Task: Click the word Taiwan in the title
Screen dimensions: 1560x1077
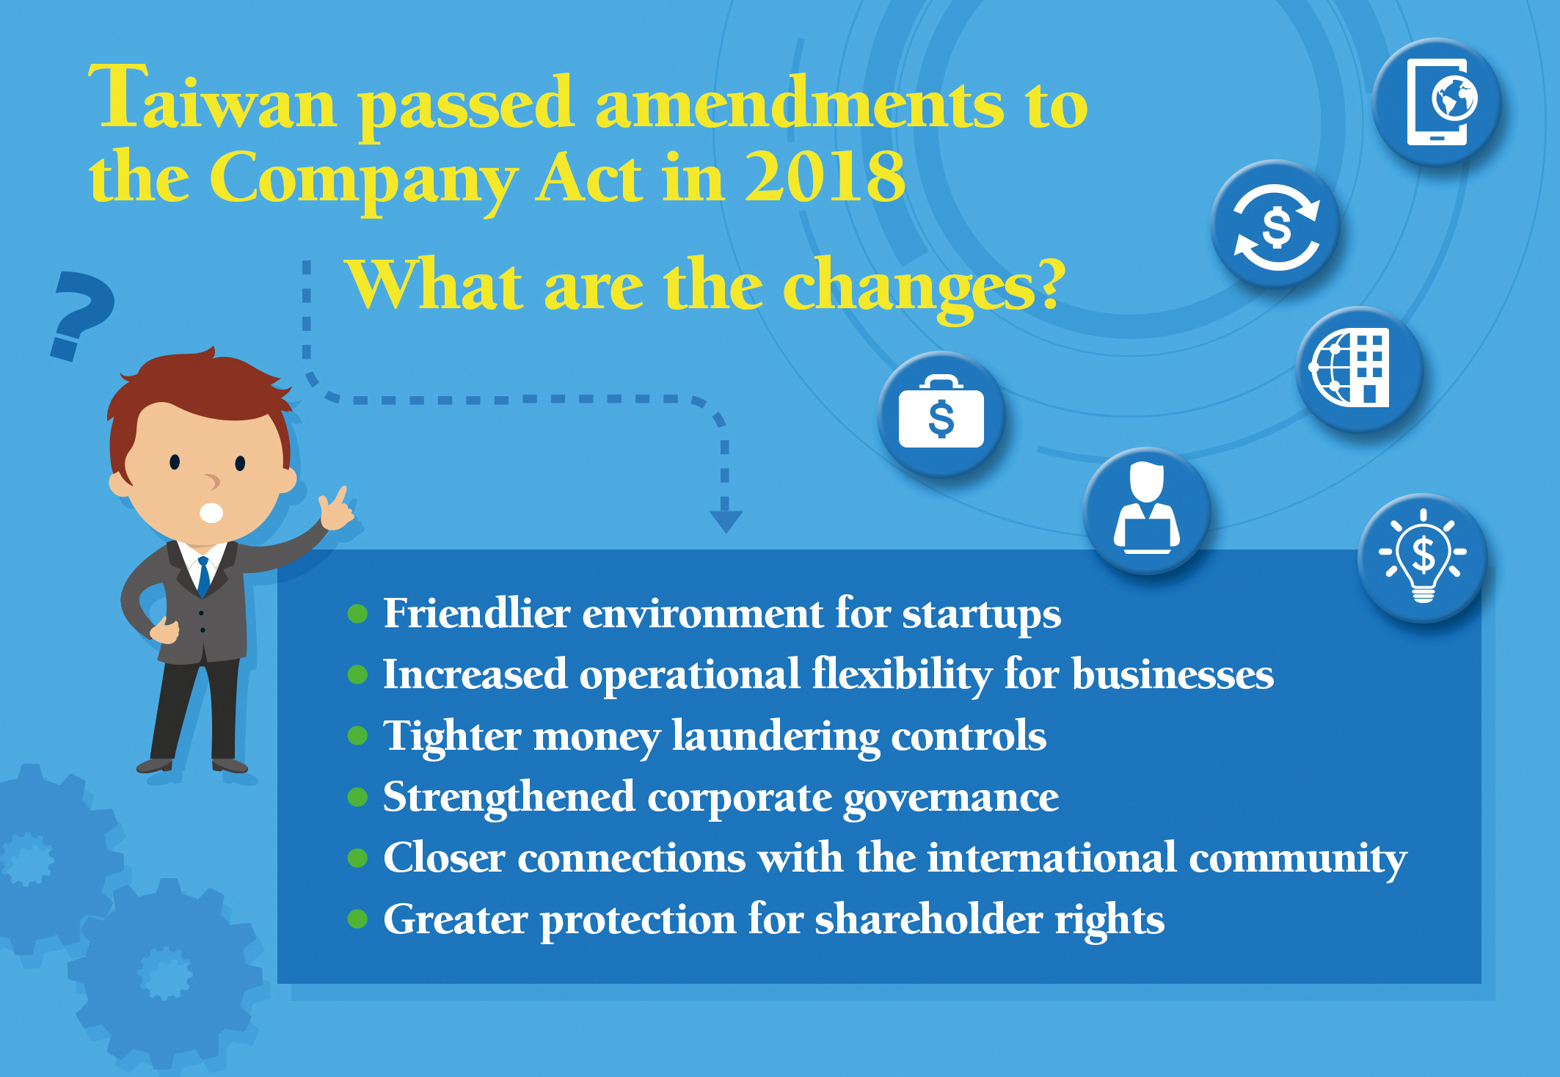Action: tap(213, 99)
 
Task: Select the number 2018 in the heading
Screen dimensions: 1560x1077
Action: tap(825, 176)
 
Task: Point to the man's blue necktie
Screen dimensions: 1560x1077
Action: tap(204, 576)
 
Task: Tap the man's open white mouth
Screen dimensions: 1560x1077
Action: tap(211, 512)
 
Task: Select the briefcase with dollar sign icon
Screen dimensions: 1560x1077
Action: tap(941, 415)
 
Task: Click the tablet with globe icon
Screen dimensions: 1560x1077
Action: tap(1437, 102)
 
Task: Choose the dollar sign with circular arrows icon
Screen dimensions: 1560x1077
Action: tap(1276, 224)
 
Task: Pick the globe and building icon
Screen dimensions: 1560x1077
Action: tap(1360, 369)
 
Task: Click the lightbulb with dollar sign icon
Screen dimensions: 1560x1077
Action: tap(1423, 558)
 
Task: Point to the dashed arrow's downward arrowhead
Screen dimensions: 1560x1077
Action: tap(726, 522)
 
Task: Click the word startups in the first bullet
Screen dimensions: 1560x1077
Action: tap(981, 615)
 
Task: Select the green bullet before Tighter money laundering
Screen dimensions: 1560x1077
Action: tap(357, 735)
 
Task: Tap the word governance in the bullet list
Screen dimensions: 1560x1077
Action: tap(951, 799)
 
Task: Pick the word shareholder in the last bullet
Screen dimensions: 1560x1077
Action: tap(929, 919)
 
